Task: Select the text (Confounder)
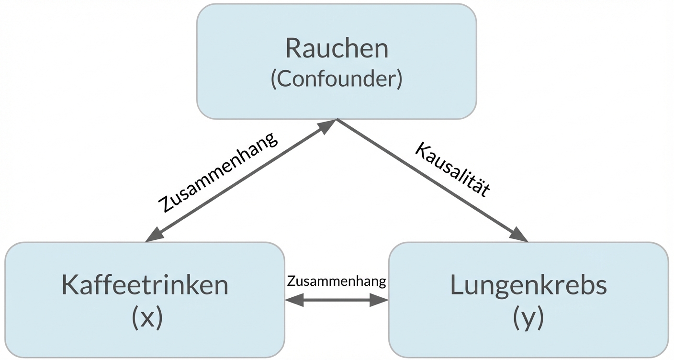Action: tap(337, 79)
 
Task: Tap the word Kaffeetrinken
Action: tap(145, 285)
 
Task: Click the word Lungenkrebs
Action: tap(528, 285)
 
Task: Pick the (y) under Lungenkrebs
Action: tap(528, 317)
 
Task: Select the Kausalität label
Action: tap(453, 169)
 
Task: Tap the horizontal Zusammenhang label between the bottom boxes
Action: tap(337, 281)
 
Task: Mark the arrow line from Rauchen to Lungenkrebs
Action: tap(431, 180)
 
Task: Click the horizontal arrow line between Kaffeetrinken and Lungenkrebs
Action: tap(337, 301)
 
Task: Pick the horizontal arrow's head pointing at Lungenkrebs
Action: tap(379, 301)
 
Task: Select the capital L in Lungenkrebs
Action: tap(457, 285)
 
